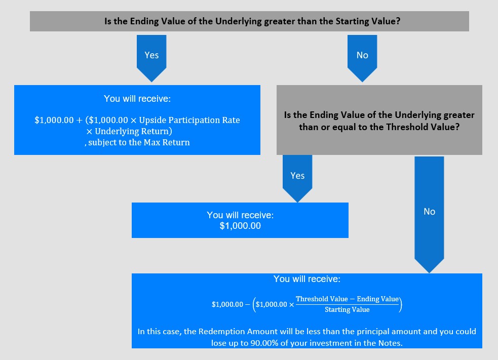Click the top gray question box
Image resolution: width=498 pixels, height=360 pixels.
[249, 21]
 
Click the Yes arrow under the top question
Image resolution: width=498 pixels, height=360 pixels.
[151, 56]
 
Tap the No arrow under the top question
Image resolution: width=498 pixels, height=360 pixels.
[362, 56]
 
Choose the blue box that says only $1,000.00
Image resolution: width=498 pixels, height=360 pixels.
[240, 220]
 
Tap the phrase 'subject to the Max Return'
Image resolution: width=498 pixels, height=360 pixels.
[139, 142]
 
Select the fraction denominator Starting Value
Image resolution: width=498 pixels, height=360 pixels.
[347, 309]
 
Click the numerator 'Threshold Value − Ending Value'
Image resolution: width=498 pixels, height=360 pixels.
[347, 299]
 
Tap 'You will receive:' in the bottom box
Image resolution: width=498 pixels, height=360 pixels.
[307, 279]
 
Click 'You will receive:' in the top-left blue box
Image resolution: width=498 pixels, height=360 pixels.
[137, 98]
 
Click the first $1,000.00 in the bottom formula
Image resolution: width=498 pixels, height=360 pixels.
[227, 304]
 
